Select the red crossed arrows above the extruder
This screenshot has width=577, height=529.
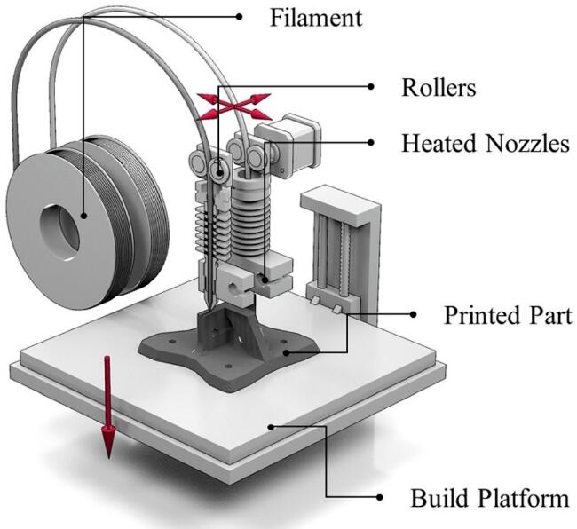pos(233,104)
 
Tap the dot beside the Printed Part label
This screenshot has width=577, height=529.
pos(412,314)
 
